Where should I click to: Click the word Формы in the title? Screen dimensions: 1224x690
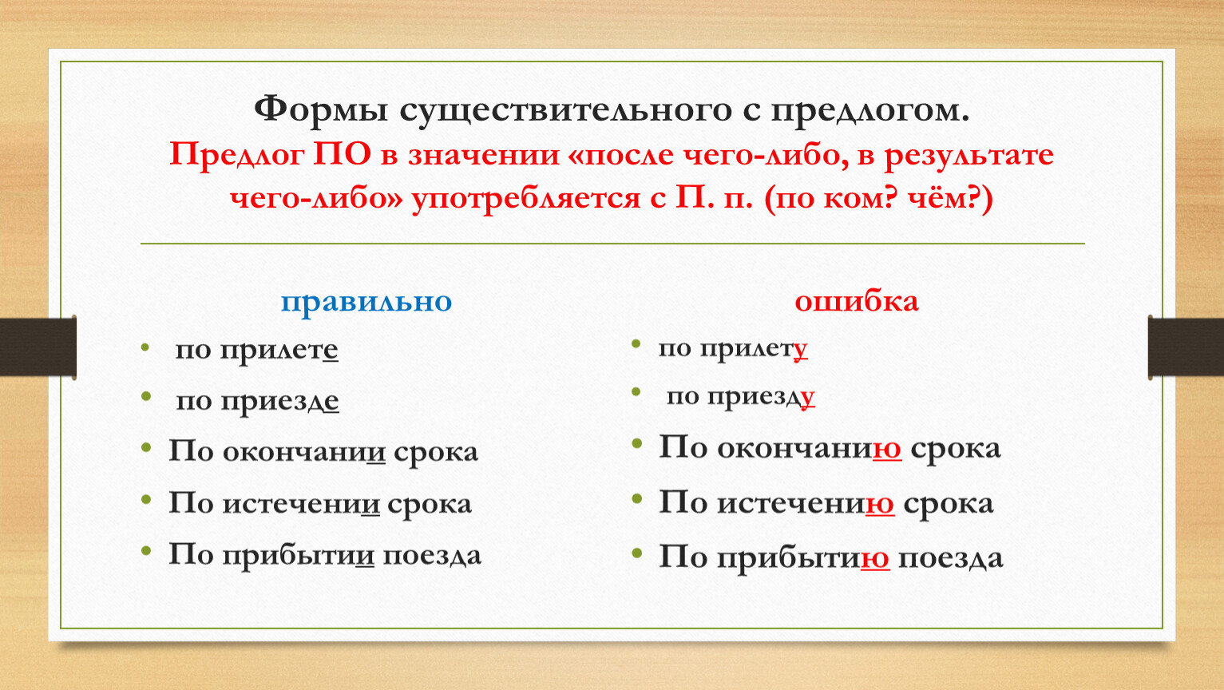coord(321,110)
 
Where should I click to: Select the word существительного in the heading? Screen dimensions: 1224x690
coord(565,110)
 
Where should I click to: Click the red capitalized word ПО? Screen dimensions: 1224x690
coord(342,154)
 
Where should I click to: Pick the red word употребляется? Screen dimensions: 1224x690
coord(526,199)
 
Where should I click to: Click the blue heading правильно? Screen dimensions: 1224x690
coord(366,302)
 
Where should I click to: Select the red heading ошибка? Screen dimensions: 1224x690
coord(856,301)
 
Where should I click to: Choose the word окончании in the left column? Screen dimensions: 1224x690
coord(304,452)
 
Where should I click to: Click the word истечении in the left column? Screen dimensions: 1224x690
coord(300,504)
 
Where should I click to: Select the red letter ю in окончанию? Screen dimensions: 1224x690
coord(887,449)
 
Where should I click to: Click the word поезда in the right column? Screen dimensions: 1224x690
coord(951,560)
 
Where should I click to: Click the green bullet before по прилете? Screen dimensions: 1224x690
coord(145,347)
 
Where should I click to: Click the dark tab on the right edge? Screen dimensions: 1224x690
coord(1186,347)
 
